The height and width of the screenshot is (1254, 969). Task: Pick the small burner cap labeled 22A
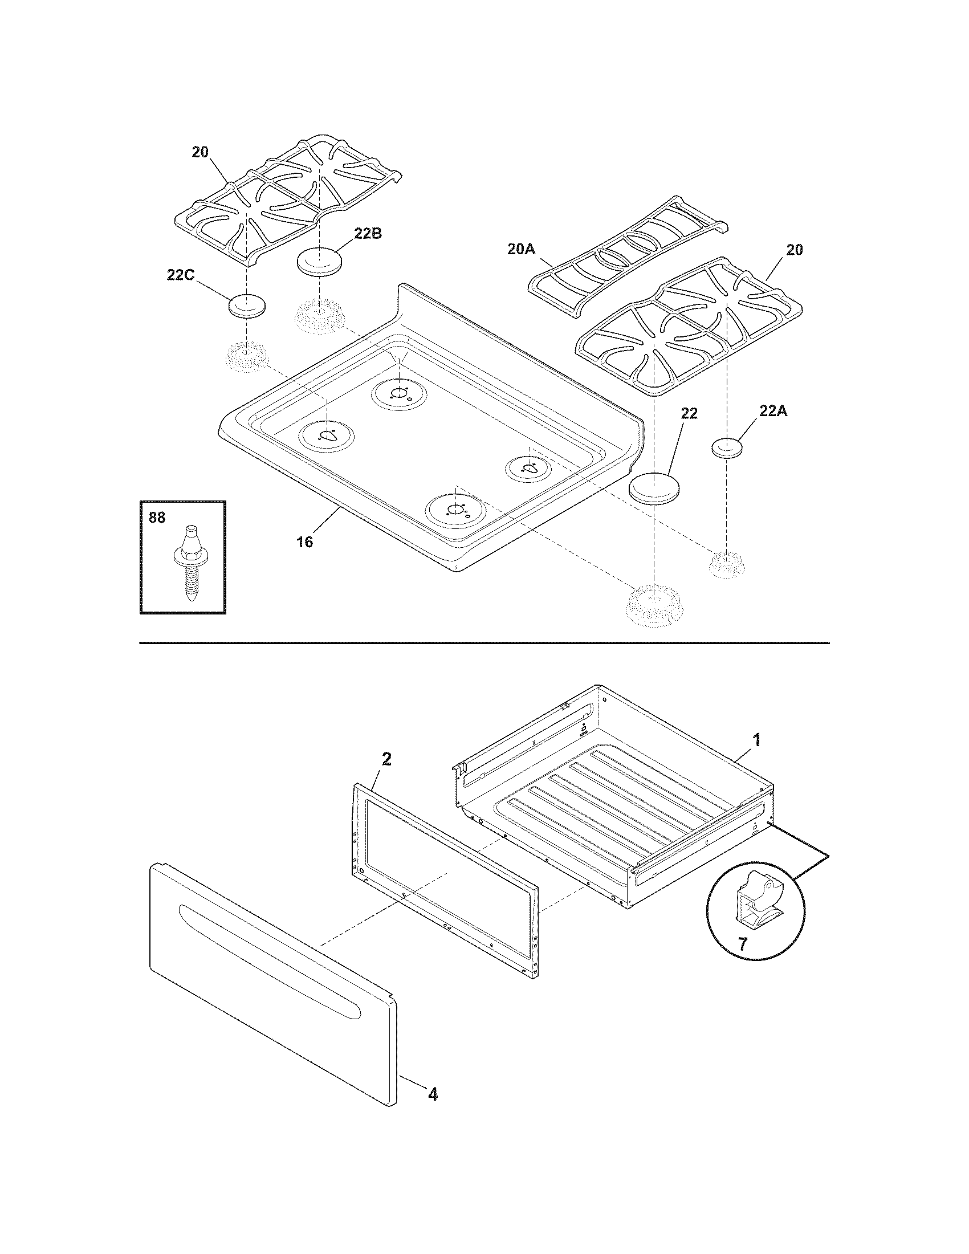point(726,448)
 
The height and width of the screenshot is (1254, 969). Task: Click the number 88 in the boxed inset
point(157,518)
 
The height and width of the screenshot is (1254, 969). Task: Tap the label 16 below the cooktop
point(304,541)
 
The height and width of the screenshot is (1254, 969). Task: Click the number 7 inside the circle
point(742,944)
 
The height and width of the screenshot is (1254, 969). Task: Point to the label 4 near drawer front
point(432,1094)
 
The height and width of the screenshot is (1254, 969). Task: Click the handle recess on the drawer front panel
point(270,950)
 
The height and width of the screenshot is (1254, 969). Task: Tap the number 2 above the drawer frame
point(387,759)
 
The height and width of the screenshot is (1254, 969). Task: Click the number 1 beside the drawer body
point(757,740)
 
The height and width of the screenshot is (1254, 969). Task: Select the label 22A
point(773,410)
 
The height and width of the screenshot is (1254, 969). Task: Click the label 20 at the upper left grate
point(200,152)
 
